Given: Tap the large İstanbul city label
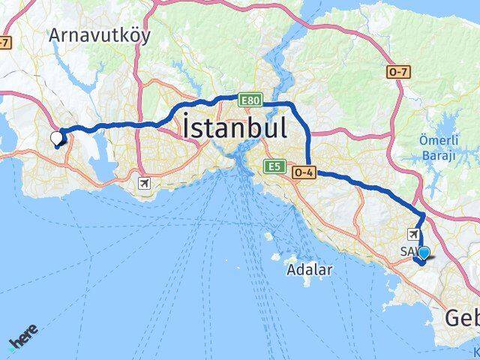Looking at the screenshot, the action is [234, 127].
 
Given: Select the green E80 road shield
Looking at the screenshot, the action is [250, 99].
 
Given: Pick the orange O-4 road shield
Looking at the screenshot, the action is [304, 172].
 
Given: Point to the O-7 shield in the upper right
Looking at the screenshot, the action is [397, 72].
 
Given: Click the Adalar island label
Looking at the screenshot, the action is [309, 270].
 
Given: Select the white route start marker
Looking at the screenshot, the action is [57, 137].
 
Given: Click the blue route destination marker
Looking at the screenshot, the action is [424, 253].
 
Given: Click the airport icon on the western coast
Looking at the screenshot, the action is [145, 182].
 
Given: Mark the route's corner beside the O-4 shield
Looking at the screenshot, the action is [309, 172].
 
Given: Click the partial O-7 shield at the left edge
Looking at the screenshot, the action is [4, 42].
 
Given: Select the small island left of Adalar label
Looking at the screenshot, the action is [269, 237].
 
